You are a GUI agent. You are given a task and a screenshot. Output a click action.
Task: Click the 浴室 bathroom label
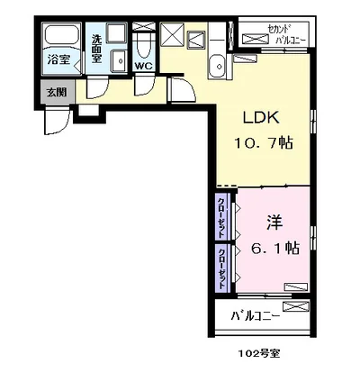(60, 60)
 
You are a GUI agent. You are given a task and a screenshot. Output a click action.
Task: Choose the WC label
(144, 66)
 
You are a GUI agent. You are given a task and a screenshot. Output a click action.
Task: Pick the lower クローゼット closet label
(221, 267)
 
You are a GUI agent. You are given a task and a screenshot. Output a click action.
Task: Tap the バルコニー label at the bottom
(256, 316)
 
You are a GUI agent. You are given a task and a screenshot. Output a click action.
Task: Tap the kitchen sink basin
(216, 62)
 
